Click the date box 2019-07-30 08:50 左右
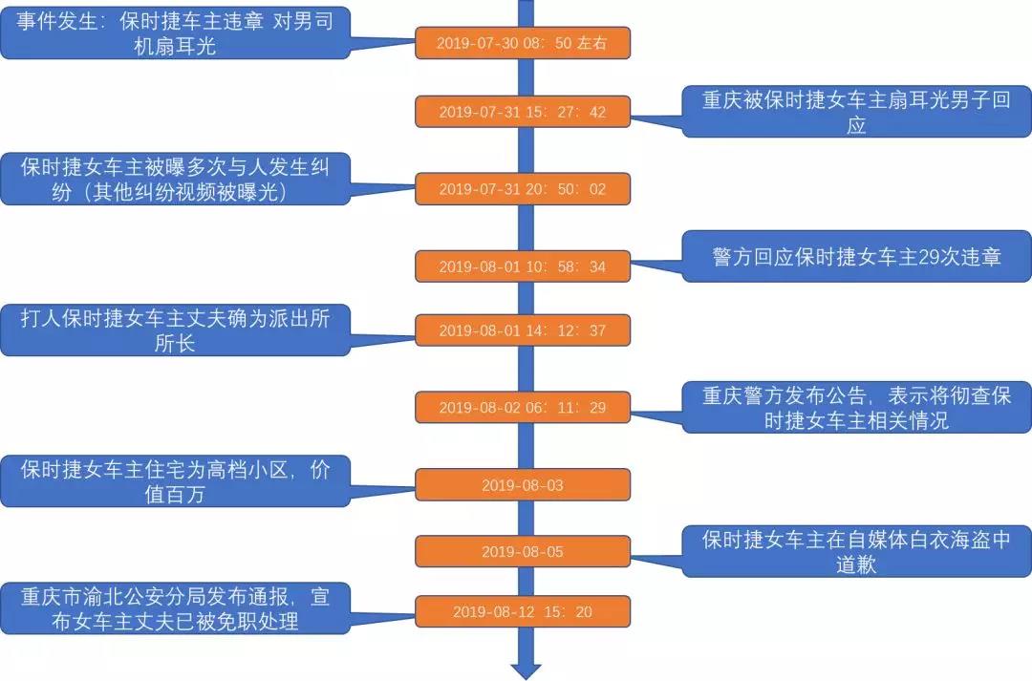click(x=522, y=43)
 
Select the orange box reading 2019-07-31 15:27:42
click(x=522, y=112)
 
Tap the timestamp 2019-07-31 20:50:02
click(x=522, y=189)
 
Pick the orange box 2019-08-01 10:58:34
click(x=522, y=266)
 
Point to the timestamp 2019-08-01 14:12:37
click(x=522, y=330)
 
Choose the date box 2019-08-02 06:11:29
click(x=522, y=408)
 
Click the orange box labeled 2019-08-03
click(x=522, y=485)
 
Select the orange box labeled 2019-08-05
click(x=522, y=551)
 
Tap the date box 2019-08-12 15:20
click(x=522, y=611)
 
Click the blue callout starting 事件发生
click(x=175, y=33)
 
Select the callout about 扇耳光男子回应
click(x=856, y=112)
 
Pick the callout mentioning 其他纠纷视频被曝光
click(x=175, y=179)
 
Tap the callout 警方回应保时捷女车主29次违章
click(x=856, y=257)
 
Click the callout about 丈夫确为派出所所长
click(x=175, y=330)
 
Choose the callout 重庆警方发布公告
click(x=856, y=407)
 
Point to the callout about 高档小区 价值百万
click(x=175, y=481)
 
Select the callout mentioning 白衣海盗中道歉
click(x=856, y=551)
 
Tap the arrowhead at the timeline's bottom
click(x=526, y=670)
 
